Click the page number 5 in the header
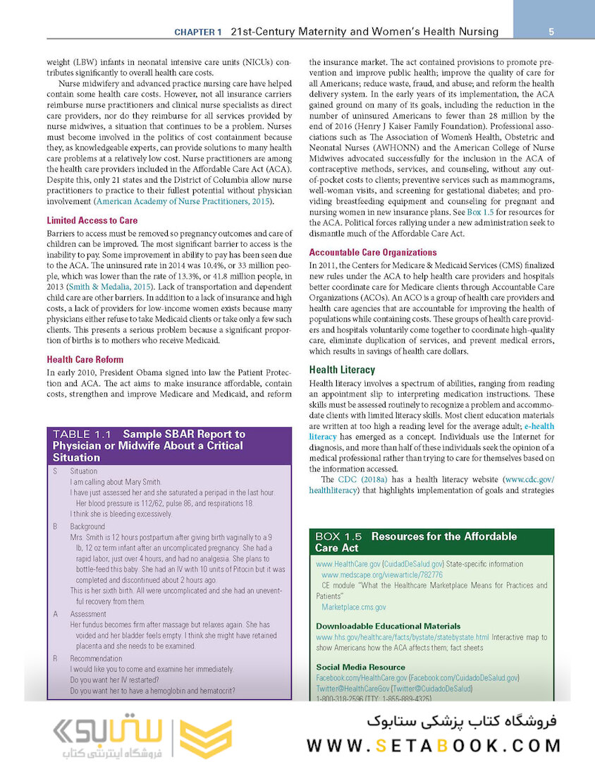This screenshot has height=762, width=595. point(551,32)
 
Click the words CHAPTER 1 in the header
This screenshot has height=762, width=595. point(198,32)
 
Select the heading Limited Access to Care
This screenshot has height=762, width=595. point(92,221)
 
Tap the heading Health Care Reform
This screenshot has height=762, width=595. point(85,359)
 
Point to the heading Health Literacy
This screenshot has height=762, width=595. point(342,370)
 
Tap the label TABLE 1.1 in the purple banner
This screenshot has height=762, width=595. point(83,434)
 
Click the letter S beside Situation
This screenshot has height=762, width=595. point(56,471)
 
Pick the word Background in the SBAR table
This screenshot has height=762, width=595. point(87,526)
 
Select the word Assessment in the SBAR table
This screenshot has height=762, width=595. point(88,615)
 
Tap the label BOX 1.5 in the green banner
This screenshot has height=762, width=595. point(338,537)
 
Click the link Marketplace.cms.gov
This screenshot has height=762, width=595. point(354,607)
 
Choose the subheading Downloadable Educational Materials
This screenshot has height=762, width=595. point(388,626)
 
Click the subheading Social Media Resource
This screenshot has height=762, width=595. point(360,667)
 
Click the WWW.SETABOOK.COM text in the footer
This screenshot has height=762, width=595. point(434,745)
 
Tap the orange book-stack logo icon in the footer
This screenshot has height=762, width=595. point(205,739)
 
